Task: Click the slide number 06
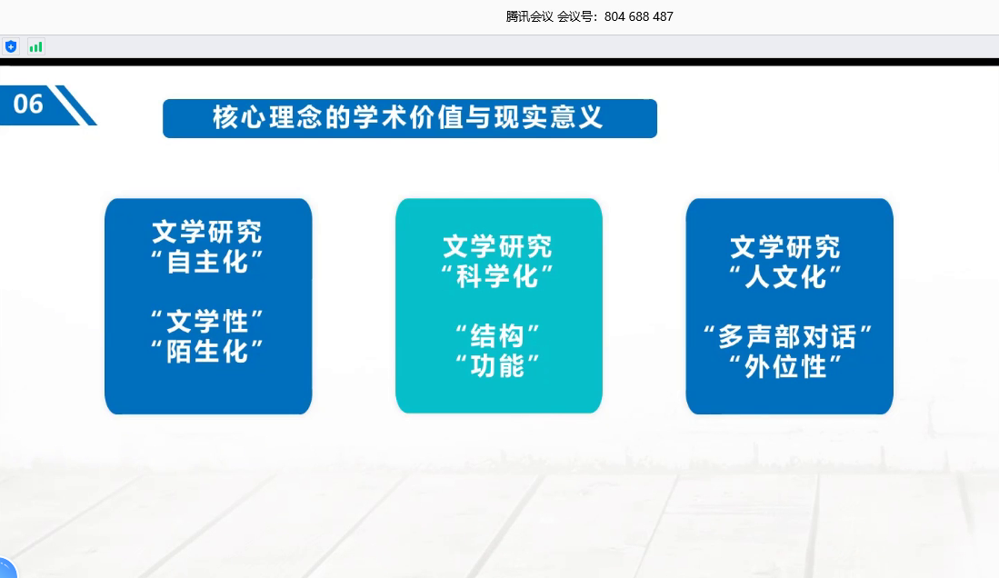tap(28, 104)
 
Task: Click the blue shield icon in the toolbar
tap(11, 46)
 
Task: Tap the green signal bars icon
tap(35, 46)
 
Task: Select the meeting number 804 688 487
tap(638, 16)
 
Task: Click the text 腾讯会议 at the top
tap(529, 16)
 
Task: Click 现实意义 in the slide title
tap(548, 118)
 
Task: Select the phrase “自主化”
tap(207, 262)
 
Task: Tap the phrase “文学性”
tap(207, 322)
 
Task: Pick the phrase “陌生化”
tap(207, 352)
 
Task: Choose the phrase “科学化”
tap(498, 276)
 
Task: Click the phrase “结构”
tap(498, 336)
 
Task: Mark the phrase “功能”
tap(498, 366)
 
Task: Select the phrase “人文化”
tap(786, 277)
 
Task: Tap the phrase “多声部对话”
tap(787, 337)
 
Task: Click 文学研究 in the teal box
tap(497, 246)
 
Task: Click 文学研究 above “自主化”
tap(207, 232)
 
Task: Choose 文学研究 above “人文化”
tap(785, 247)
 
